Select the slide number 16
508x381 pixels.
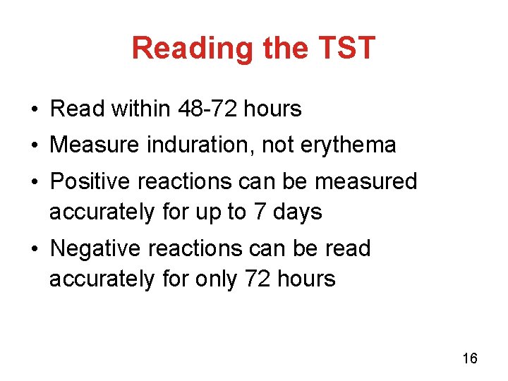(470, 358)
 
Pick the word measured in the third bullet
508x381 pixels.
(366, 181)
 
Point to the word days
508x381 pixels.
(301, 212)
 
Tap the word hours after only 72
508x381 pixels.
(306, 279)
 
